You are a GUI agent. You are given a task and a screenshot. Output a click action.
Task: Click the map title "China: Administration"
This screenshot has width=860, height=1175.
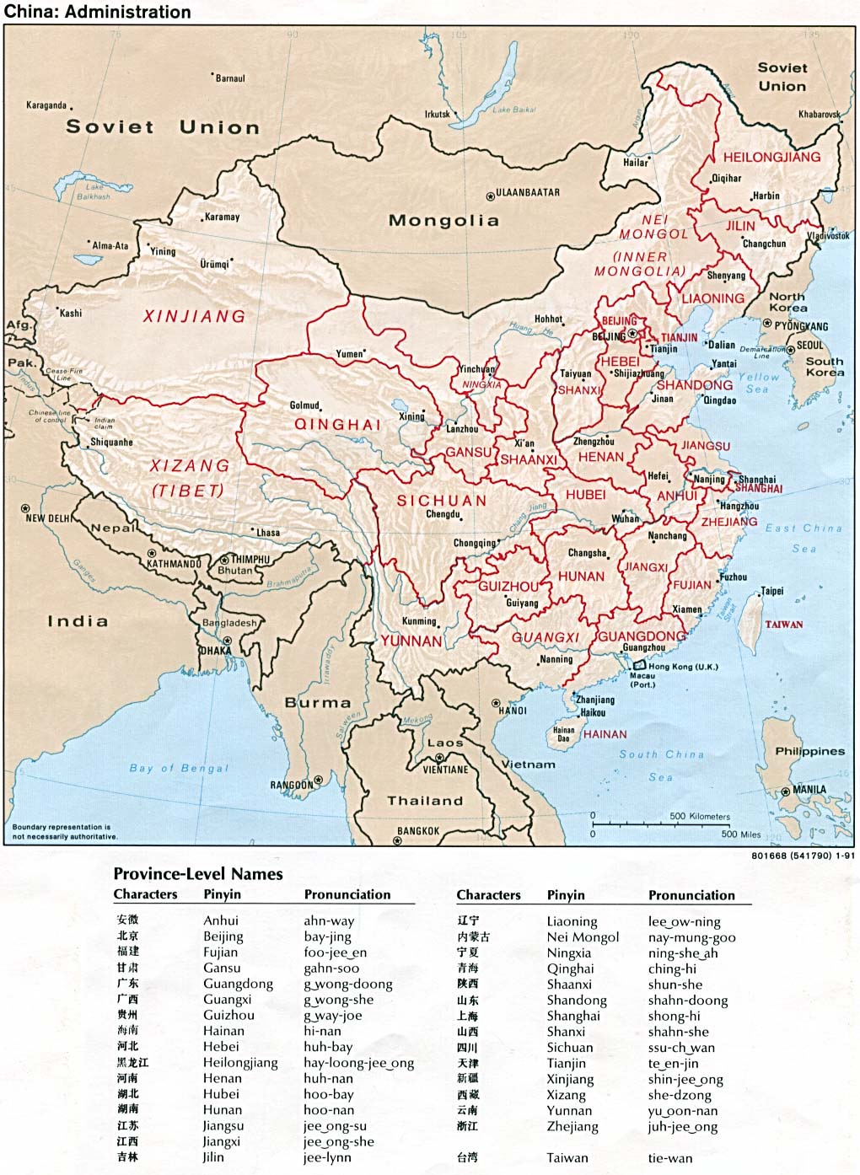pyautogui.click(x=98, y=12)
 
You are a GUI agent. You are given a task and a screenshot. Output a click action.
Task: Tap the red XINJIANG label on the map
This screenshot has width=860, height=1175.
pyautogui.click(x=194, y=316)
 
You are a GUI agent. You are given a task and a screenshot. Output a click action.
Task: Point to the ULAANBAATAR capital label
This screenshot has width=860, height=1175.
pyautogui.click(x=527, y=192)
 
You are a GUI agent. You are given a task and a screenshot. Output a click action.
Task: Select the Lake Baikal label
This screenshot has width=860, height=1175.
pyautogui.click(x=514, y=110)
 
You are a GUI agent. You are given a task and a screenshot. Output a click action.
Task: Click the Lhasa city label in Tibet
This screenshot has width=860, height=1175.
pyautogui.click(x=267, y=532)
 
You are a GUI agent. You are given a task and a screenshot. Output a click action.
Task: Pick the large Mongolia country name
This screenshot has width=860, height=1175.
pyautogui.click(x=443, y=221)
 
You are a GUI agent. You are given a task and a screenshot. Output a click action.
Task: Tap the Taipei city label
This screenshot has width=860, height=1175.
pyautogui.click(x=771, y=591)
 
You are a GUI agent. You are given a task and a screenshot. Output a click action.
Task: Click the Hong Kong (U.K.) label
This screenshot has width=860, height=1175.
pyautogui.click(x=683, y=667)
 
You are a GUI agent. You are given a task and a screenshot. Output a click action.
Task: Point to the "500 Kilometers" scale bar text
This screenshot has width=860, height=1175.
pyautogui.click(x=700, y=816)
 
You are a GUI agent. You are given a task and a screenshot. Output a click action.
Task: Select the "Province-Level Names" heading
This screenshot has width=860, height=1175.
pyautogui.click(x=198, y=874)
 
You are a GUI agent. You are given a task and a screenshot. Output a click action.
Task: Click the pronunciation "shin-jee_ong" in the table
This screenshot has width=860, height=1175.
pyautogui.click(x=685, y=1079)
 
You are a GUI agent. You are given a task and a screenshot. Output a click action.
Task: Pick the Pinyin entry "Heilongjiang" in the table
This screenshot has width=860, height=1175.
pyautogui.click(x=240, y=1062)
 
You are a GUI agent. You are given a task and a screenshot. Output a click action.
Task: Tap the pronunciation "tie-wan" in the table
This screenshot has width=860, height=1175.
pyautogui.click(x=670, y=1158)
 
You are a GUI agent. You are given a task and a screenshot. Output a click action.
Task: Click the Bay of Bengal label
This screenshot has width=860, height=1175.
pyautogui.click(x=179, y=768)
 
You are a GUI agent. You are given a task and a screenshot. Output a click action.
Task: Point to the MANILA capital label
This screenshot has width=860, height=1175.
pyautogui.click(x=809, y=790)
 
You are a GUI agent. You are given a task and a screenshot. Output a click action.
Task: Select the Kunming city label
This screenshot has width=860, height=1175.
pyautogui.click(x=419, y=621)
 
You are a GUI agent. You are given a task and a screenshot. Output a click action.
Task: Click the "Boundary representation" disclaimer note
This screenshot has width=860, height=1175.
pyautogui.click(x=64, y=831)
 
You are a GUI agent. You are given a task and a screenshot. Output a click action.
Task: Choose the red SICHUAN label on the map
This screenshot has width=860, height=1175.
pyautogui.click(x=442, y=500)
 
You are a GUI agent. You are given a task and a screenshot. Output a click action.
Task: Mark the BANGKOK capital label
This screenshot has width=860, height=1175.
pyautogui.click(x=418, y=831)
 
